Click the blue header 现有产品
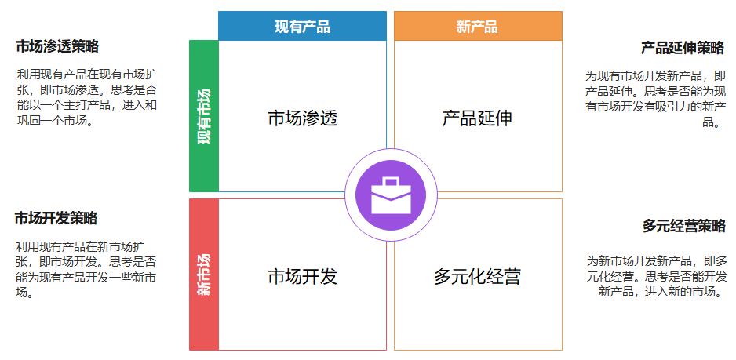[302, 26]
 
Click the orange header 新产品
[477, 26]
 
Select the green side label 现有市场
[204, 116]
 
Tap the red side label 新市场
[204, 275]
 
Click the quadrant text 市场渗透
[302, 118]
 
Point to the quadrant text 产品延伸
[477, 118]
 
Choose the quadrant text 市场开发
[302, 277]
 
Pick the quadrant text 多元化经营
[477, 277]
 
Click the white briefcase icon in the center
[390, 195]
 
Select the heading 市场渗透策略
[57, 47]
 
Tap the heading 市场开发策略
[56, 218]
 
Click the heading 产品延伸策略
[682, 48]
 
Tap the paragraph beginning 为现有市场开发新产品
[655, 99]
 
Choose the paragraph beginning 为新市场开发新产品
[657, 276]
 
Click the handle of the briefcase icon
[390, 181]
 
